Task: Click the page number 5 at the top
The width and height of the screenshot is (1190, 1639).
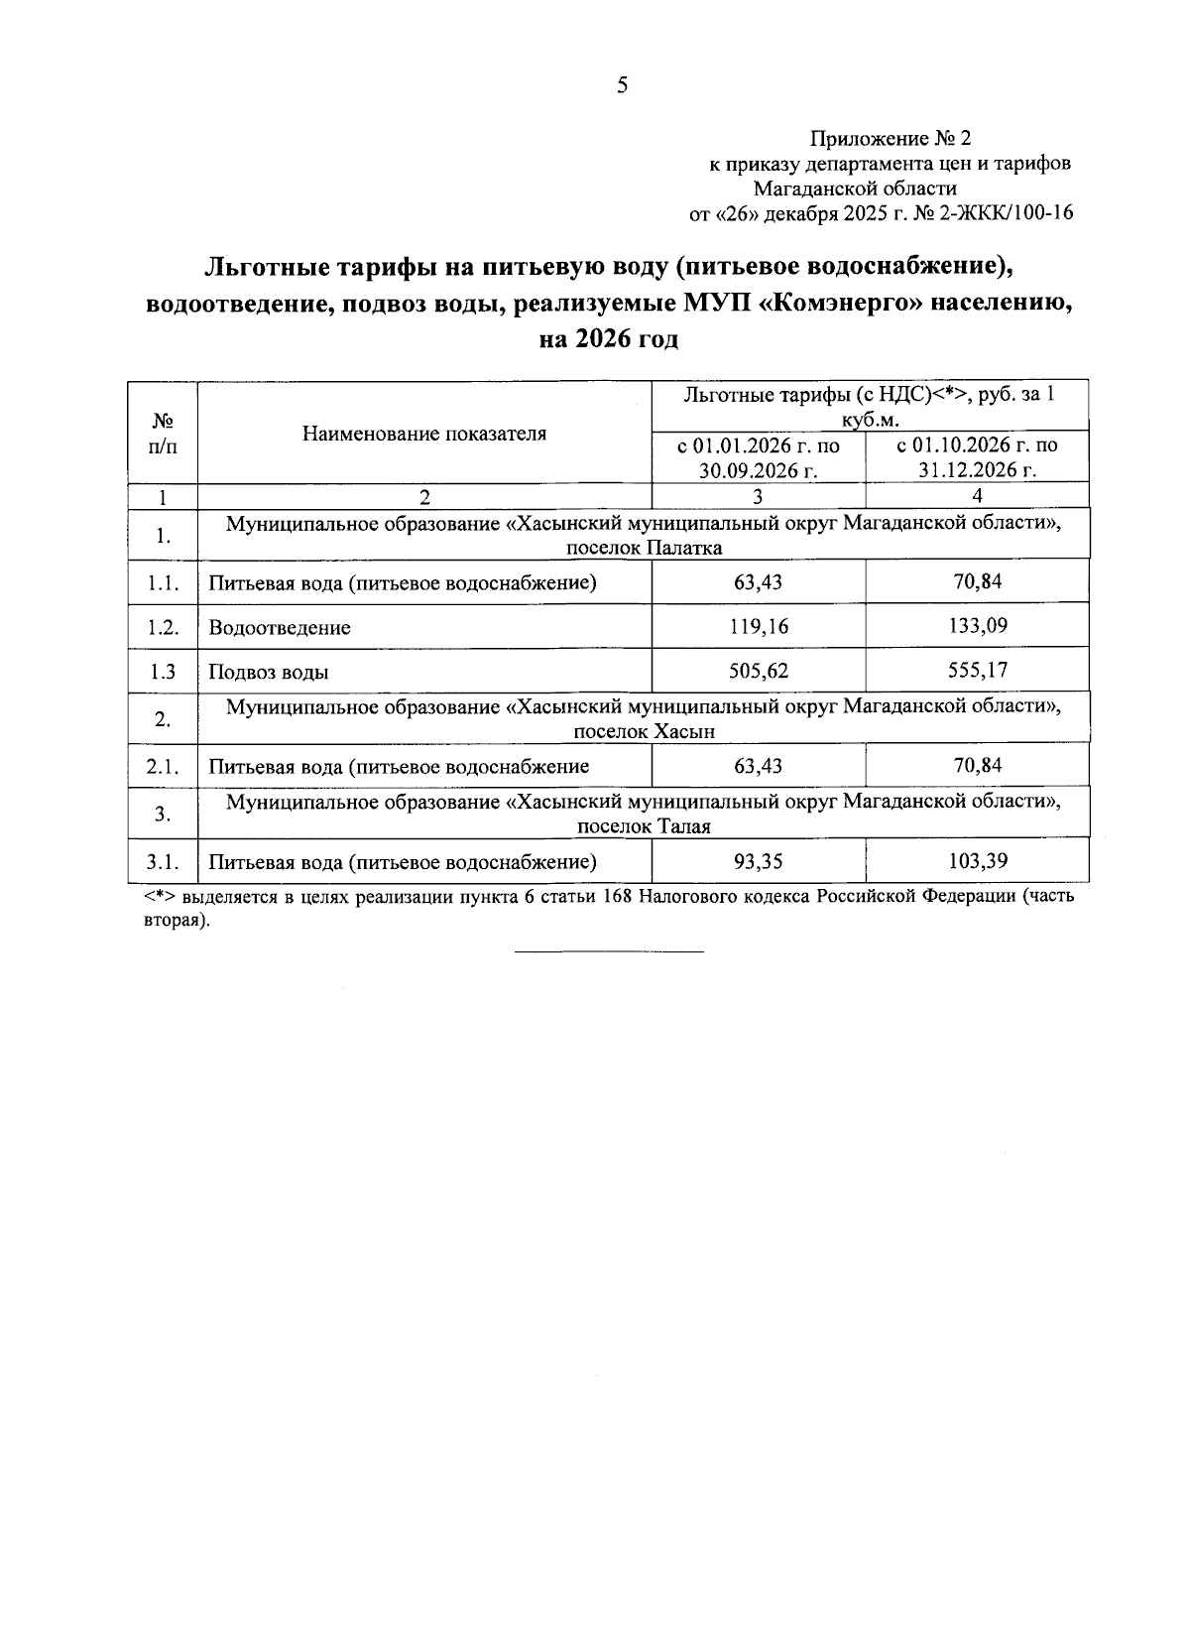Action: tap(622, 86)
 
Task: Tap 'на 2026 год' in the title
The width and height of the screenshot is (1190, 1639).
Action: tap(608, 339)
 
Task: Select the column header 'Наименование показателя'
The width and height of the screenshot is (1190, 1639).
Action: tap(424, 434)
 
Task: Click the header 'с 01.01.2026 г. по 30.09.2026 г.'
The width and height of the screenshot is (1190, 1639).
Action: tap(759, 457)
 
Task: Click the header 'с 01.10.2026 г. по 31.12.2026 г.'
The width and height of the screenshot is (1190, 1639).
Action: tap(977, 457)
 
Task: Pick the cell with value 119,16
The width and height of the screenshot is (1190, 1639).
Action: tap(759, 627)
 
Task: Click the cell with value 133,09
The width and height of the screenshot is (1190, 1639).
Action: tap(977, 626)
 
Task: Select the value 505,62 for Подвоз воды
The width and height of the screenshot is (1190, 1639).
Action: tap(759, 672)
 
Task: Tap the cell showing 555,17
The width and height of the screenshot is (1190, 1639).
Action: tap(977, 671)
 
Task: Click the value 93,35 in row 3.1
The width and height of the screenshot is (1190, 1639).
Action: tap(759, 862)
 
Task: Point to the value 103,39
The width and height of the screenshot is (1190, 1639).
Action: tap(977, 861)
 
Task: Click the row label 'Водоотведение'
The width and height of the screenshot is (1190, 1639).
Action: tap(280, 628)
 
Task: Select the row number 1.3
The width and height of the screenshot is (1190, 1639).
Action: tap(164, 672)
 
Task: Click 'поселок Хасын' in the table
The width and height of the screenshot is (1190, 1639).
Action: tap(645, 732)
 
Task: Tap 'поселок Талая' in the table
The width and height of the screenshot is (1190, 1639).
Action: tap(645, 826)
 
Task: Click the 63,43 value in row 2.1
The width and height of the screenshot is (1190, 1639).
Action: tap(759, 766)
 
